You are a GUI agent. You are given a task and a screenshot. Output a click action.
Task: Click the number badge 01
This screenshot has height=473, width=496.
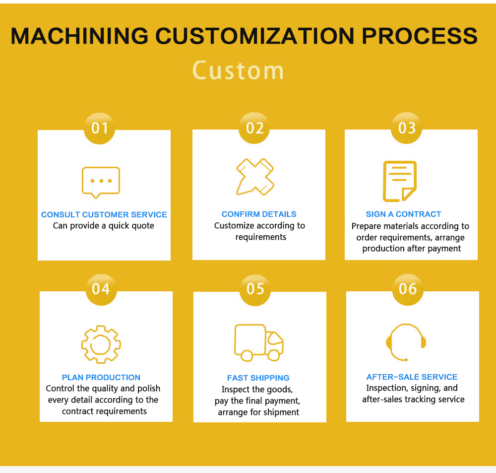[x=99, y=128]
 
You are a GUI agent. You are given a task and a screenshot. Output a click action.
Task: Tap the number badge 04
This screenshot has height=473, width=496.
[x=101, y=289]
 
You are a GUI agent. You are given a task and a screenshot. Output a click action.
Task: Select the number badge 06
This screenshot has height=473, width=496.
[x=408, y=289]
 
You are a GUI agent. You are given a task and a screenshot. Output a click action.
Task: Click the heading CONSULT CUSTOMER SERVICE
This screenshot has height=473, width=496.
[x=104, y=214]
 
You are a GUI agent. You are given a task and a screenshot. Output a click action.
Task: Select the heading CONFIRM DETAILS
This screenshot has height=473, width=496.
[x=259, y=214]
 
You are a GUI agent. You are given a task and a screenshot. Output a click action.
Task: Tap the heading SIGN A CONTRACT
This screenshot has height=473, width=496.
[x=403, y=214]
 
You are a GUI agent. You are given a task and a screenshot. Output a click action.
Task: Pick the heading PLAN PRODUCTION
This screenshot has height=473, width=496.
[x=101, y=377]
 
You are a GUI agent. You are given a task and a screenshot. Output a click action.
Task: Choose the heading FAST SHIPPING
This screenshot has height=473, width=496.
[x=258, y=378]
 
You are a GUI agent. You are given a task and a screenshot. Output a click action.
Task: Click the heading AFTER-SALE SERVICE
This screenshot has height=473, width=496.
[x=412, y=377]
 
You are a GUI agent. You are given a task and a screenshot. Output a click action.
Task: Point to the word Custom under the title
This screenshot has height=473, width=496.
[x=238, y=70]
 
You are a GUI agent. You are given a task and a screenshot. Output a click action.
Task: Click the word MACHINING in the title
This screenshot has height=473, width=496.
[x=79, y=36]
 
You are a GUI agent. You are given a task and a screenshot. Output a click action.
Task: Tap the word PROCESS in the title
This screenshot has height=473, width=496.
[x=420, y=36]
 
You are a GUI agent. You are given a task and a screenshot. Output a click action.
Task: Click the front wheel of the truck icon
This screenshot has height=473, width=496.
[x=274, y=355]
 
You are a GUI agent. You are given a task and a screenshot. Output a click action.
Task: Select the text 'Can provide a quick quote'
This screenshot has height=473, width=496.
[x=104, y=226]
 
